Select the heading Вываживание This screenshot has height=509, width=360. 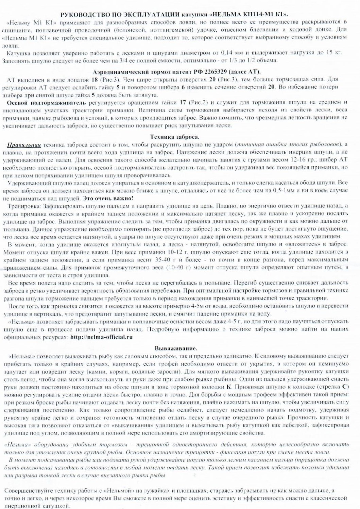(x=176, y=348)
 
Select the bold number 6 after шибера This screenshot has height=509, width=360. (x=183, y=87)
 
